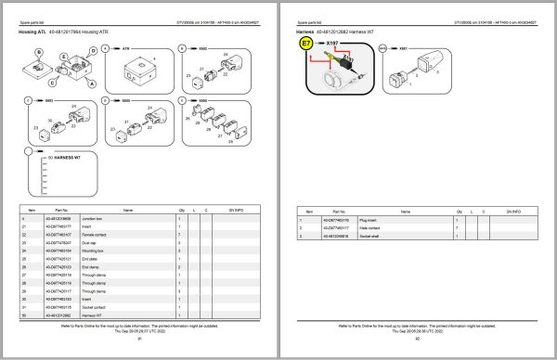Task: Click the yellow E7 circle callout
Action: point(306,44)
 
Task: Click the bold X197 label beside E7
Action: point(331,43)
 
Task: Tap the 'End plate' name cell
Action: point(133,259)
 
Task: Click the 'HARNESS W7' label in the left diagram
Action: point(67,157)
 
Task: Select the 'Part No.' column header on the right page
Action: point(351,211)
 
